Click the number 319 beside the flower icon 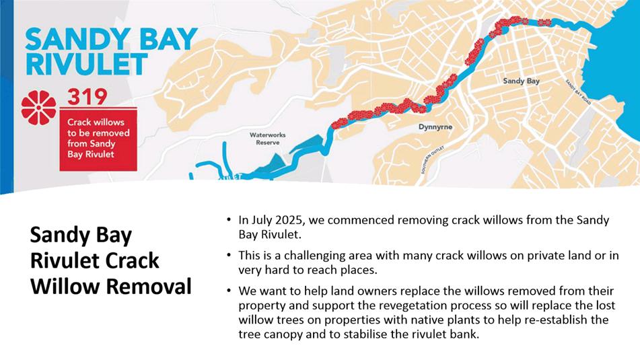(87, 96)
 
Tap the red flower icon (39, 108)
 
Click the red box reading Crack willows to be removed (98, 139)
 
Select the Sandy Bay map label (522, 81)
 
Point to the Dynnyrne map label (435, 127)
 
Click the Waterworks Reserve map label (268, 139)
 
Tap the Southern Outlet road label (432, 159)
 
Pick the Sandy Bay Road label (578, 92)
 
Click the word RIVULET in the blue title (86, 65)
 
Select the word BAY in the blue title (168, 39)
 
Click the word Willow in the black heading (66, 286)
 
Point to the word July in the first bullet (260, 221)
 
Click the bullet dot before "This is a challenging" (229, 256)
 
